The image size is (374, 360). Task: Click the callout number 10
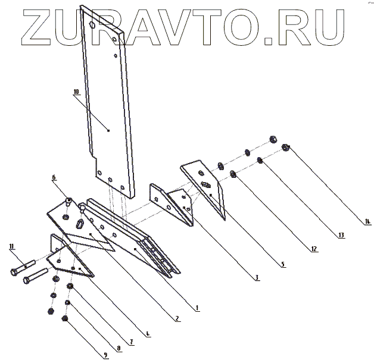(x=76, y=92)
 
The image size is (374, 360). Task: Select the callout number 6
(x=54, y=177)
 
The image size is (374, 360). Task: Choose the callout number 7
(x=132, y=343)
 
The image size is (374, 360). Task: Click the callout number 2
(x=176, y=318)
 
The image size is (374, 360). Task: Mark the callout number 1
(x=197, y=308)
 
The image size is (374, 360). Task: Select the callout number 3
(x=257, y=277)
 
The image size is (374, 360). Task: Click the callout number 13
(x=341, y=236)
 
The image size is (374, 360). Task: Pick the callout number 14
(x=367, y=221)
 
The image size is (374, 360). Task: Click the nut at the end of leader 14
(x=285, y=146)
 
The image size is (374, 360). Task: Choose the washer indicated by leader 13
(x=260, y=161)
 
